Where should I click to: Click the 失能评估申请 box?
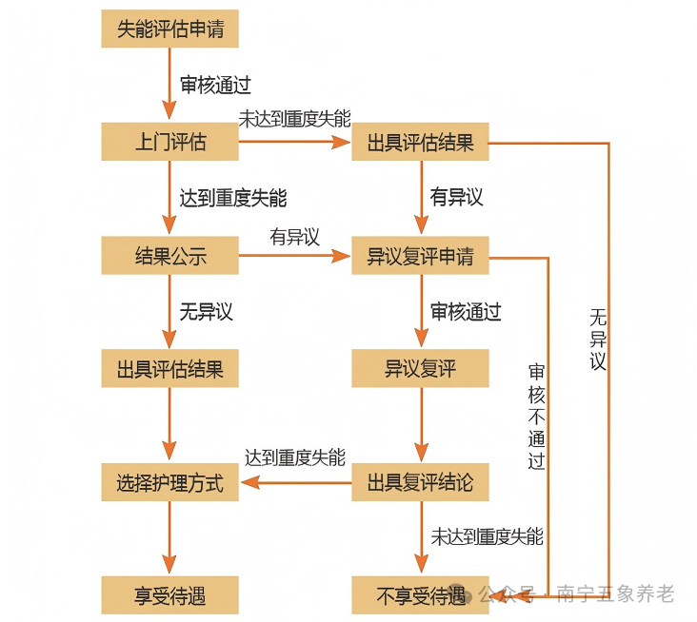pyautogui.click(x=169, y=29)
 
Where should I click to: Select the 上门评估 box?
pyautogui.click(x=169, y=143)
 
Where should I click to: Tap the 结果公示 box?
pyautogui.click(x=169, y=256)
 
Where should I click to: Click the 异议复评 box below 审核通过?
pyautogui.click(x=420, y=369)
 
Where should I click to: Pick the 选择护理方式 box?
pyautogui.click(x=169, y=482)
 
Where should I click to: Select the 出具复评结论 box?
pyautogui.click(x=420, y=482)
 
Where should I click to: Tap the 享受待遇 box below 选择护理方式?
pyautogui.click(x=169, y=595)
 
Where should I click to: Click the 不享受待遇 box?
pyautogui.click(x=420, y=595)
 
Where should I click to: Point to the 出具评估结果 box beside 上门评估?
pyautogui.click(x=420, y=143)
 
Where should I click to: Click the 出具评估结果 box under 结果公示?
pyautogui.click(x=169, y=369)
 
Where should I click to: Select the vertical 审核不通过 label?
pyautogui.click(x=537, y=417)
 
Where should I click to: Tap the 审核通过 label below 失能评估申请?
pyautogui.click(x=215, y=85)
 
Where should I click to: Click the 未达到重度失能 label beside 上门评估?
pyautogui.click(x=294, y=120)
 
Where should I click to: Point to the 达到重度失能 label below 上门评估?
pyautogui.click(x=232, y=199)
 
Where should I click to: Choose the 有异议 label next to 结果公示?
pyautogui.click(x=294, y=237)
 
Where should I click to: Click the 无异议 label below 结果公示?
pyautogui.click(x=206, y=311)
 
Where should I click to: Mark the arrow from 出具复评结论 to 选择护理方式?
pyautogui.click(x=295, y=482)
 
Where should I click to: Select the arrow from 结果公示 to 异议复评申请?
pyautogui.click(x=295, y=256)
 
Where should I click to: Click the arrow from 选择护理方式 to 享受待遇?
pyautogui.click(x=169, y=538)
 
